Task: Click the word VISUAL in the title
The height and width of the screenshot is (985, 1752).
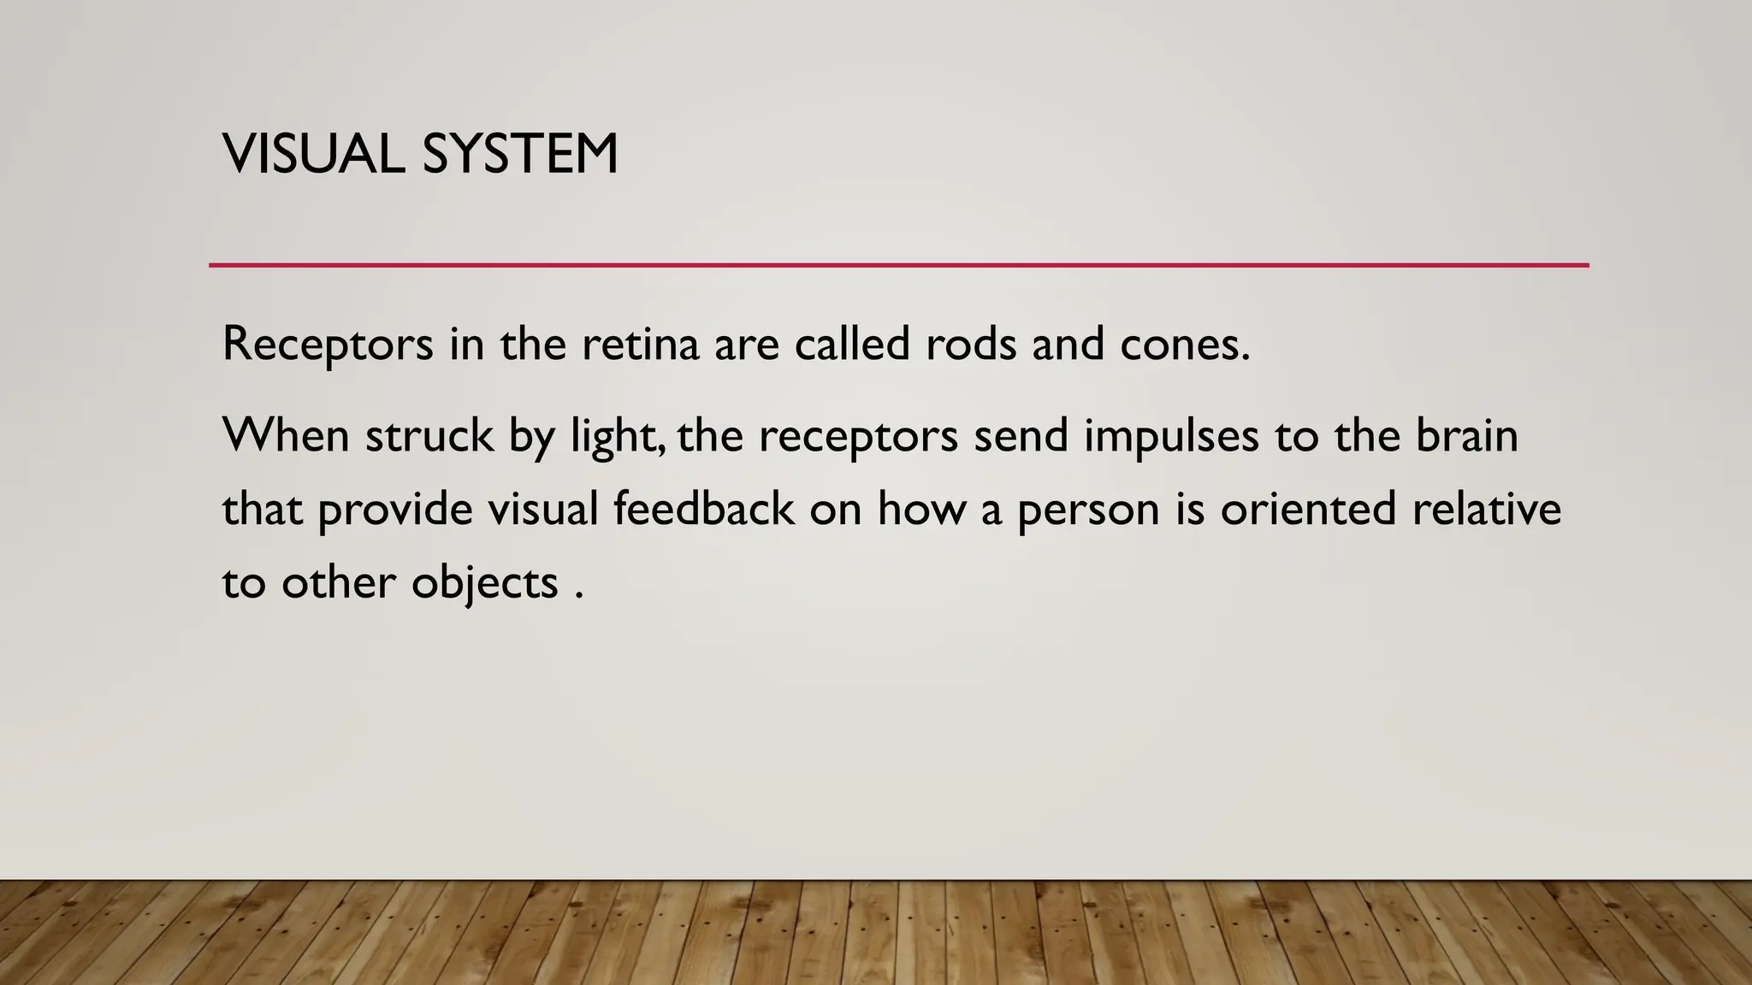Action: tap(313, 155)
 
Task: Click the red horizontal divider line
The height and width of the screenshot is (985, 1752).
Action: tap(898, 265)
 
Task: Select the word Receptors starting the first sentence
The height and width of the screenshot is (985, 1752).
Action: tap(328, 345)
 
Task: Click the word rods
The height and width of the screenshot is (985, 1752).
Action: tap(971, 344)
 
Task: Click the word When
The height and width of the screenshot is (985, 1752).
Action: tap(286, 435)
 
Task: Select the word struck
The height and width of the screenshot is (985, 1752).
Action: tap(429, 435)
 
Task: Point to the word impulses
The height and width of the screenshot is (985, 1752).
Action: tap(1171, 437)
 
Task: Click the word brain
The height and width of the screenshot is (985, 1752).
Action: tap(1467, 435)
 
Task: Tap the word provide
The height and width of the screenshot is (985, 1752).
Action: tap(395, 510)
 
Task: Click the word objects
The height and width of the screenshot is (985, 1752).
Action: tap(485, 585)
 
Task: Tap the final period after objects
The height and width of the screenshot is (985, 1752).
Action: tap(579, 597)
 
